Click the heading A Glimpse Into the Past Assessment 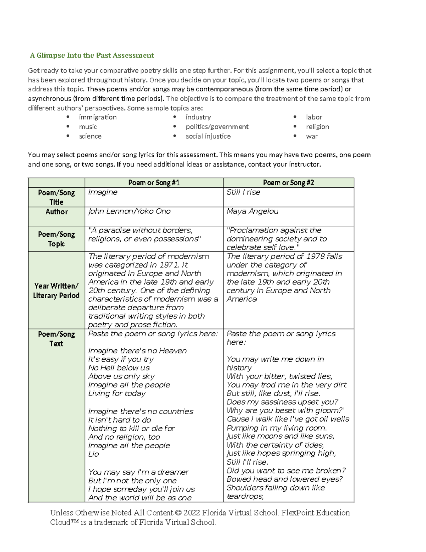[x=92, y=55]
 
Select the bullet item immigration [x=98, y=117]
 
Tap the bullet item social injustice [x=208, y=136]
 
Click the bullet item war [x=312, y=136]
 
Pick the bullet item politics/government [x=217, y=127]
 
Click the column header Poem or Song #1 [x=154, y=183]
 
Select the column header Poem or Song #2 [x=288, y=183]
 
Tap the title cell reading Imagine [x=103, y=192]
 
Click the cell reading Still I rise [x=243, y=192]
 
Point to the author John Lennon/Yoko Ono [x=129, y=211]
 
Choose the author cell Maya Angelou [x=252, y=211]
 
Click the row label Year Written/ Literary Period [x=56, y=290]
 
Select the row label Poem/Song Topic [x=56, y=239]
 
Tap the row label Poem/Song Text [x=56, y=339]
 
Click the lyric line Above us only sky [x=121, y=376]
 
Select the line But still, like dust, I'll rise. [x=273, y=393]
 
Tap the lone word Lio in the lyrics [x=93, y=454]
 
